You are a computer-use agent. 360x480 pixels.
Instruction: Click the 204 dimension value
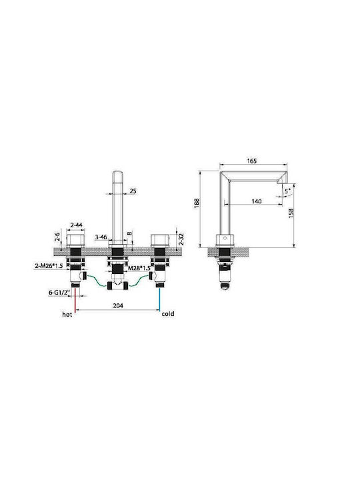pyautogui.click(x=118, y=305)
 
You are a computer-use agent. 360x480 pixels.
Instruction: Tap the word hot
pyautogui.click(x=67, y=315)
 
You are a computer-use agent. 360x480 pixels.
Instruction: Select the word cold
pyautogui.click(x=168, y=314)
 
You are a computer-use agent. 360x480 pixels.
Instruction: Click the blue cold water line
pyautogui.click(x=159, y=299)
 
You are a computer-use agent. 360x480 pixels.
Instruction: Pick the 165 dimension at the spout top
pyautogui.click(x=251, y=161)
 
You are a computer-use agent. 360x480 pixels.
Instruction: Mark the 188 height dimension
pyautogui.click(x=197, y=203)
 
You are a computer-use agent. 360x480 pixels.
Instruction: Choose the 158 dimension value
pyautogui.click(x=291, y=213)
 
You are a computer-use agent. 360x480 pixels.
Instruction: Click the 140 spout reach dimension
pyautogui.click(x=256, y=201)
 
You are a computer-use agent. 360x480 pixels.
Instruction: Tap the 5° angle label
pyautogui.click(x=287, y=191)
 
